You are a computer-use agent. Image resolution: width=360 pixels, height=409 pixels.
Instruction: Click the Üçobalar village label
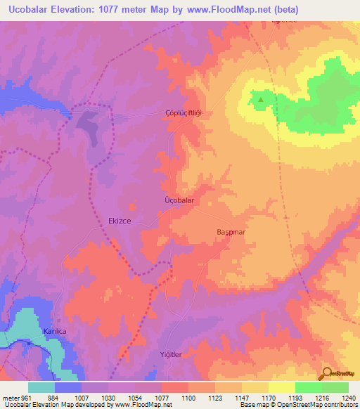pos(179,200)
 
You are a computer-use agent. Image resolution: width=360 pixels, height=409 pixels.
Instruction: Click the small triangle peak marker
pos(261,99)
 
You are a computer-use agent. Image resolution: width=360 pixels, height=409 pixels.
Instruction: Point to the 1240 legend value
pos(347,397)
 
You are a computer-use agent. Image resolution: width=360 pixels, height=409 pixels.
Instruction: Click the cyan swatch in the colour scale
pos(41,387)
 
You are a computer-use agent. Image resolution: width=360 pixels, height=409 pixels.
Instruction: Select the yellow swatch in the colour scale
pos(282,387)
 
